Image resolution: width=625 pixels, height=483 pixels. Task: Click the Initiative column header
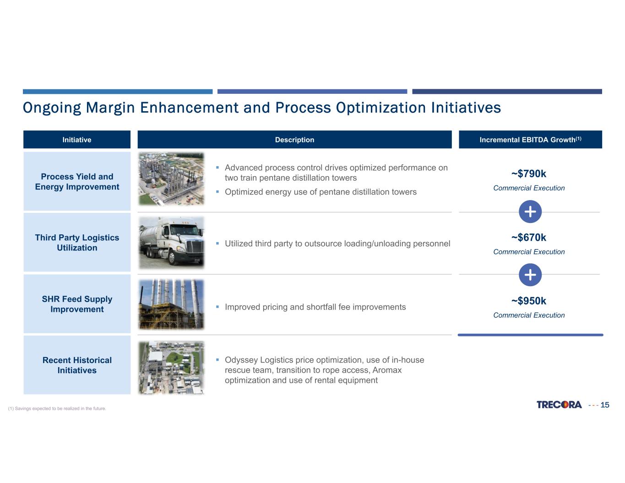(77, 140)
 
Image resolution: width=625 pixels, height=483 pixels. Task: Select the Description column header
(294, 140)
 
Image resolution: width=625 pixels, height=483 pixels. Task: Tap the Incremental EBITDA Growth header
(530, 140)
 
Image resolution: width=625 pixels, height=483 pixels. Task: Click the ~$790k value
(529, 174)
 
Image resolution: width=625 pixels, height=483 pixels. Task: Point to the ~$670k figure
(529, 238)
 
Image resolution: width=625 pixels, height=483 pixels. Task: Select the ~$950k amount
(529, 301)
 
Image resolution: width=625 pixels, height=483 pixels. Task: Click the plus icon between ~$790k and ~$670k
(530, 212)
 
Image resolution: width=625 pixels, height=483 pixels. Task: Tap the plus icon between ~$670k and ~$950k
(530, 275)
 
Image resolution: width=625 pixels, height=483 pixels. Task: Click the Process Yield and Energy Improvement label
(77, 182)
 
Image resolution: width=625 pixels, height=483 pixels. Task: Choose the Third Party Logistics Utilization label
(77, 243)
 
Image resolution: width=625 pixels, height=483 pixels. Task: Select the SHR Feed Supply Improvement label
(77, 304)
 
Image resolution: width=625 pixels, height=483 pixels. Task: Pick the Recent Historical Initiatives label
(77, 365)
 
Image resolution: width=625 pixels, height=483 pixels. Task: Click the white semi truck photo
(171, 243)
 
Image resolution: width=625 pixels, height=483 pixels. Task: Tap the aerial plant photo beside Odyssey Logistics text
(171, 367)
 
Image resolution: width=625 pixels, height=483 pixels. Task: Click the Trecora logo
(559, 405)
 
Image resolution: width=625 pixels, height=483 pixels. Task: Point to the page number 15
(605, 405)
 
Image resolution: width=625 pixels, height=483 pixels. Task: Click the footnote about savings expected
(57, 408)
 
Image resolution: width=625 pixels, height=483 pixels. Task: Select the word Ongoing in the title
(52, 108)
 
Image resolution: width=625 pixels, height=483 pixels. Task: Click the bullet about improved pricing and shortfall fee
(315, 307)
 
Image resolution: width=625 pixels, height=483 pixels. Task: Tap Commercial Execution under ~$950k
(529, 315)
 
